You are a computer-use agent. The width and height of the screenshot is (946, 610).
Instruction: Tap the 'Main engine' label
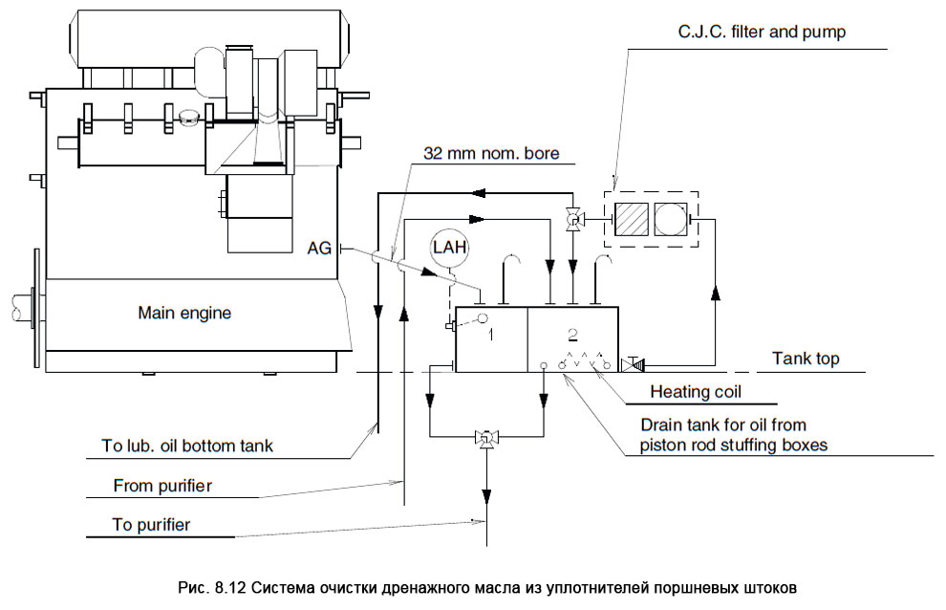184,312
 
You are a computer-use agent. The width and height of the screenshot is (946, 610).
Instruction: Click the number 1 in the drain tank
490,336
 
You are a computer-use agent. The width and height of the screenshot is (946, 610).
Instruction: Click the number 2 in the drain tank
572,334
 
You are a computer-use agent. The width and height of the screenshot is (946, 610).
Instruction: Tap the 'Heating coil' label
695,391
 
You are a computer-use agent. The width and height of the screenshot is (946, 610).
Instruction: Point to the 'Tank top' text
806,359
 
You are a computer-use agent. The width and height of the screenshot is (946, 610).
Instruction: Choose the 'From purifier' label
162,485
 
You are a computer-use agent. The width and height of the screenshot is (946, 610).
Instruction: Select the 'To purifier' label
151,525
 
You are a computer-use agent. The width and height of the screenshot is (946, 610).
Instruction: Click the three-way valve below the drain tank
486,438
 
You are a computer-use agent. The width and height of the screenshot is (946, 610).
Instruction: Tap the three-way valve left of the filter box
571,221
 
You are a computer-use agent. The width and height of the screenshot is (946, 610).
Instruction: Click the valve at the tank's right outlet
633,364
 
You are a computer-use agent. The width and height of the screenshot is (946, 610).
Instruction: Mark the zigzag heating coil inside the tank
583,361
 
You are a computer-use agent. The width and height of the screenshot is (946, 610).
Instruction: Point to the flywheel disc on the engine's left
36,311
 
